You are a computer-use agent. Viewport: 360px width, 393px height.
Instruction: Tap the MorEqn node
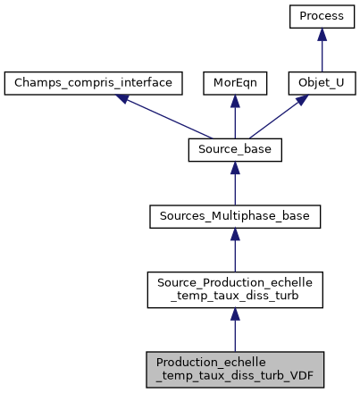(x=234, y=84)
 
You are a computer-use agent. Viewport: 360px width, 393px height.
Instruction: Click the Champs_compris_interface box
(x=94, y=84)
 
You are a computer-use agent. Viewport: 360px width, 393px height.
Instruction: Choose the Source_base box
(x=234, y=150)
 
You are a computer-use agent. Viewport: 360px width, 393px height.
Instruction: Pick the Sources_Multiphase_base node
(x=234, y=216)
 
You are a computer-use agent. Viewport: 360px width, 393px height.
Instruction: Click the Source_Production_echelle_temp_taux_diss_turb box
(x=234, y=288)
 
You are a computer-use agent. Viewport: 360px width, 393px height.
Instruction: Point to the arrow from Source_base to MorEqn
(x=234, y=117)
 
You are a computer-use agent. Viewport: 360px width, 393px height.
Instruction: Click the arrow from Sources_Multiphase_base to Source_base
(x=234, y=183)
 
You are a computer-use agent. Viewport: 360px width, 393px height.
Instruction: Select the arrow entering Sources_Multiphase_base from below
(x=234, y=249)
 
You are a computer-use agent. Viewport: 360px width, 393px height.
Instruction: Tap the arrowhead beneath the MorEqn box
(x=234, y=102)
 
